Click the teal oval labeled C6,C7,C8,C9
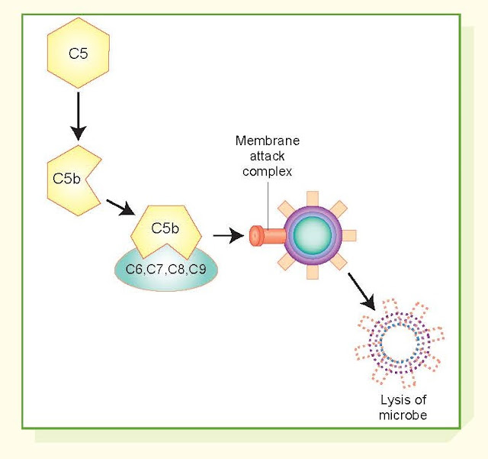pos(165,271)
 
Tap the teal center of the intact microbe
pos(312,235)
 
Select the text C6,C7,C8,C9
pos(165,270)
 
